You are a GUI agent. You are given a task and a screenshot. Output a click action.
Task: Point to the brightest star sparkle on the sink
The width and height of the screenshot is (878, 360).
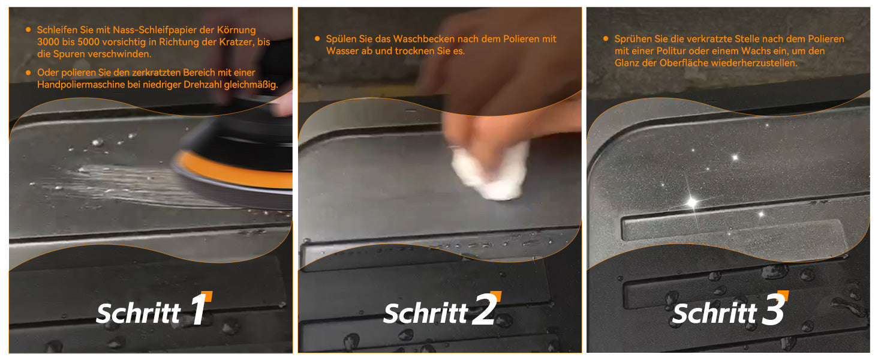(692, 202)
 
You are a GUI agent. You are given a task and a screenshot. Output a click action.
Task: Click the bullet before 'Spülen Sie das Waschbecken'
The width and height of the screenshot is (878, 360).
(317, 38)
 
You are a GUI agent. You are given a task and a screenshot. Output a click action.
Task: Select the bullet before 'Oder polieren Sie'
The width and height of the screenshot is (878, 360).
(28, 73)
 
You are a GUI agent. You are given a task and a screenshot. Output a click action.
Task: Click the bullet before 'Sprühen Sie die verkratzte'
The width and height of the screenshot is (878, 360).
(606, 38)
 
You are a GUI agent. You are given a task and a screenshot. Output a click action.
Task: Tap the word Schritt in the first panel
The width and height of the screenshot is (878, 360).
(139, 313)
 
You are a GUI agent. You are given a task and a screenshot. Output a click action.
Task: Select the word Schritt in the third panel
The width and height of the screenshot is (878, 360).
(714, 313)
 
